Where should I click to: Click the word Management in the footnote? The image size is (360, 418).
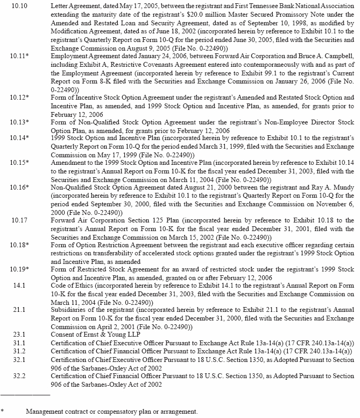(45, 412)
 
